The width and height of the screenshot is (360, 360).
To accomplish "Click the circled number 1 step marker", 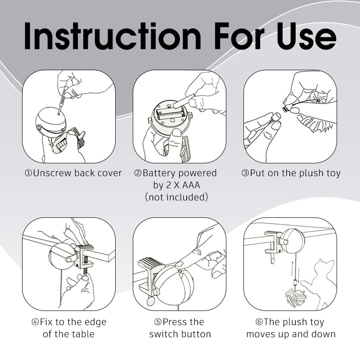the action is click(28, 173).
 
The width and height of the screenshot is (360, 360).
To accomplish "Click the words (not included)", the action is click(176, 197).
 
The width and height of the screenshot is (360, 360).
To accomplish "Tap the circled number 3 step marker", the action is click(245, 173).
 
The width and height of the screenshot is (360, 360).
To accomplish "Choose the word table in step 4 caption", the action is click(83, 333).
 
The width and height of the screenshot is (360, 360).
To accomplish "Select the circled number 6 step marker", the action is click(259, 322).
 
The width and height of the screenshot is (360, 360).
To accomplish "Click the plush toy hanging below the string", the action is click(296, 298).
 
